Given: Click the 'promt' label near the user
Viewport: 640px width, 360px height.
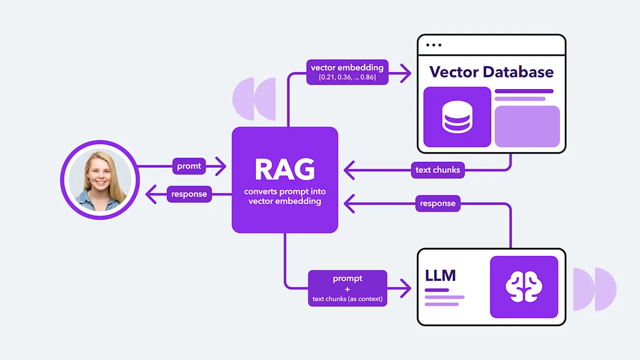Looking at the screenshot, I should coord(189,166).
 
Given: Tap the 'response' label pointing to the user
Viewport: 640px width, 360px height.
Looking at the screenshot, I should coord(189,194).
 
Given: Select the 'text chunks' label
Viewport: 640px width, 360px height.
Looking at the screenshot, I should coord(438,170).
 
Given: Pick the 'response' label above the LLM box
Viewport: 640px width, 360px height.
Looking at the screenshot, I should coord(438,203).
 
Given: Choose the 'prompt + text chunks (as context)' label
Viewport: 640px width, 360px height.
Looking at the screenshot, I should coord(348,288).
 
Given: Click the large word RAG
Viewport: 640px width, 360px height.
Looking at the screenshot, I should coord(285,170).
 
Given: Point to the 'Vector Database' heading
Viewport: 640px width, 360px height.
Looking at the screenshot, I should coord(492,72).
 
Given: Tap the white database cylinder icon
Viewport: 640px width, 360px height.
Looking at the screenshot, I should coord(457,117).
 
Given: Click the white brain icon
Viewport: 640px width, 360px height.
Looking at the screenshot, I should coord(524,287).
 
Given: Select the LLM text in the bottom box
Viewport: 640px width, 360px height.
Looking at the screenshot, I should coord(440,276).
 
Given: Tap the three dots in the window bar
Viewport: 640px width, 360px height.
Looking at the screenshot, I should coord(433,45).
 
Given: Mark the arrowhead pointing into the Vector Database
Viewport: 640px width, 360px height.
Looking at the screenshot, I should coord(406,74).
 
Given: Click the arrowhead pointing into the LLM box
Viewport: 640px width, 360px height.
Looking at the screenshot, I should coord(406,288).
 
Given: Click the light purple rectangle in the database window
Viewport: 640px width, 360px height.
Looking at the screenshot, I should coord(527,126).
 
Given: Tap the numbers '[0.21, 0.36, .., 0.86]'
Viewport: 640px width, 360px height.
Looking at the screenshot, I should coord(347,78).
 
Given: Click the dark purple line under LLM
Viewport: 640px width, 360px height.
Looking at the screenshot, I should coord(437,290).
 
